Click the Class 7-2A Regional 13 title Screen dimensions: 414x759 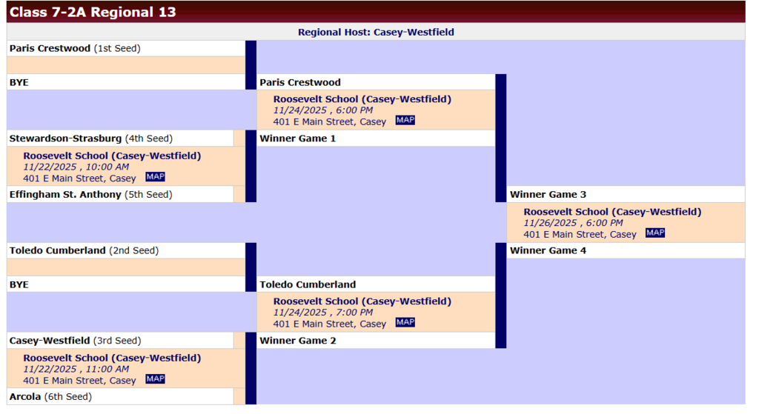[93, 12]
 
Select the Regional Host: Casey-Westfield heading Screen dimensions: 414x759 [376, 32]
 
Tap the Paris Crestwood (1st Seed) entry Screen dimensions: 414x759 [75, 48]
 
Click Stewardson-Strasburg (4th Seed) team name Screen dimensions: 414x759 [90, 138]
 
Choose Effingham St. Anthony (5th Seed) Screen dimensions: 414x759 [90, 195]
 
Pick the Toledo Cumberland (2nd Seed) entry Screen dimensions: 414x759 [84, 250]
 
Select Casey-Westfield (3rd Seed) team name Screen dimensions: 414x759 [74, 341]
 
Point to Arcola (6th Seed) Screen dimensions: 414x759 [50, 397]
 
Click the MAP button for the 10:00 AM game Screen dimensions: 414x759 [155, 177]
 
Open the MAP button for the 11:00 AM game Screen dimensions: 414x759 [155, 379]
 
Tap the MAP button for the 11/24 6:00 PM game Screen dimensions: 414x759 [405, 121]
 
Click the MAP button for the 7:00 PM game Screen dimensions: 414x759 [405, 323]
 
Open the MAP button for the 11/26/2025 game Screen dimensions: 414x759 [655, 233]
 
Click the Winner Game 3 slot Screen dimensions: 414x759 [548, 195]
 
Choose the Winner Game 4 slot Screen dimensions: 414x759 [548, 250]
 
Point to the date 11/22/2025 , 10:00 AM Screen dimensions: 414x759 [76, 167]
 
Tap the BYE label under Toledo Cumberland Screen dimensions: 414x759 [19, 284]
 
